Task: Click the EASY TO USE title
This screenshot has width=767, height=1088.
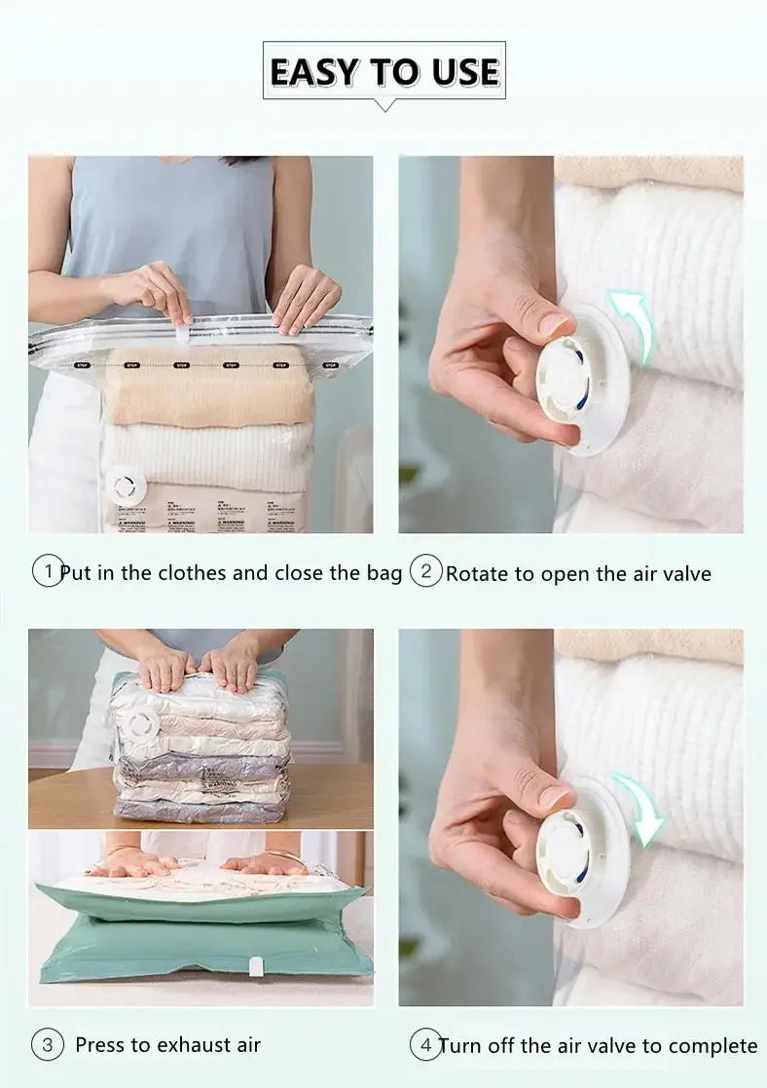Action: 383,72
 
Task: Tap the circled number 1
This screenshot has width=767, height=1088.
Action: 47,571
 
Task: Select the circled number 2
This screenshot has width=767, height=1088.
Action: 425,571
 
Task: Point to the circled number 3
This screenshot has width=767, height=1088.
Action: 47,1045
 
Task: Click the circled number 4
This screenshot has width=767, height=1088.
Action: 423,1045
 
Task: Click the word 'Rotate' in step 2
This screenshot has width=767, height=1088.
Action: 477,574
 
